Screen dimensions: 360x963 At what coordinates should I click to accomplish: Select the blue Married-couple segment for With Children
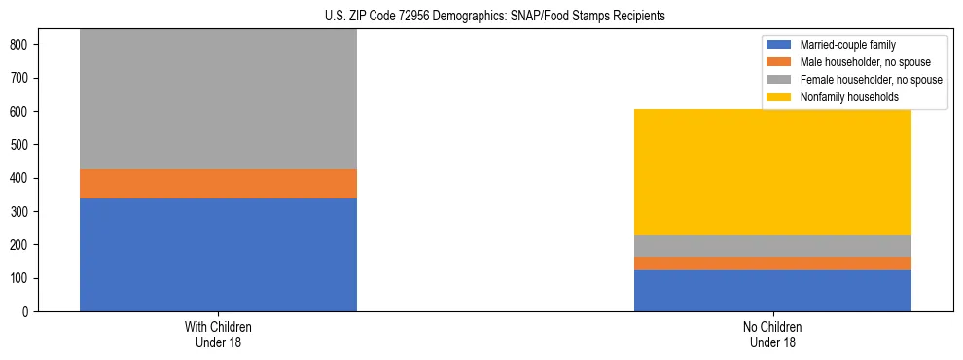218,254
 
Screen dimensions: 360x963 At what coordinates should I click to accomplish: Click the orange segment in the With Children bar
218,184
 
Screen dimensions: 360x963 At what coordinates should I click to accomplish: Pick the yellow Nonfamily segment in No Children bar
772,172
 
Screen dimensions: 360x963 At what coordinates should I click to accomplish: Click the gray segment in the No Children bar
772,246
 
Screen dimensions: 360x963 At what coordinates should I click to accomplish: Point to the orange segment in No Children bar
772,263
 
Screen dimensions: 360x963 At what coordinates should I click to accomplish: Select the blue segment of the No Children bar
772,290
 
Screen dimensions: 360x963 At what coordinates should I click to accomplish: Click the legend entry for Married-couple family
846,45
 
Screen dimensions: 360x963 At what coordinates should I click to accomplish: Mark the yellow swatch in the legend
779,97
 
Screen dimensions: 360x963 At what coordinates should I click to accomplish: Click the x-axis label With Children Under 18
218,334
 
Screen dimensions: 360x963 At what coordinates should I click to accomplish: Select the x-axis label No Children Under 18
772,334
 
